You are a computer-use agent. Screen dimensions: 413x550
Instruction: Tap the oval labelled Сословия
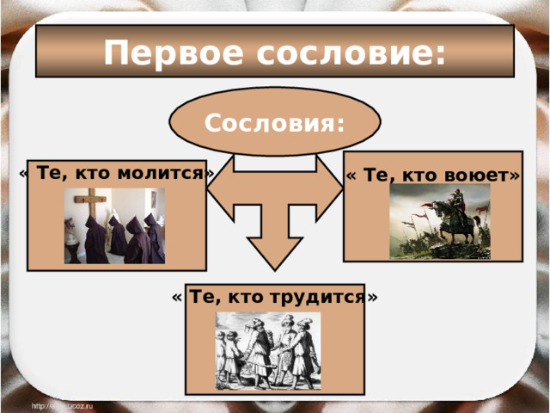click(x=274, y=122)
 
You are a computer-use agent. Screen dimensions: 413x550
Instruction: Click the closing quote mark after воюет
click(x=513, y=175)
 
